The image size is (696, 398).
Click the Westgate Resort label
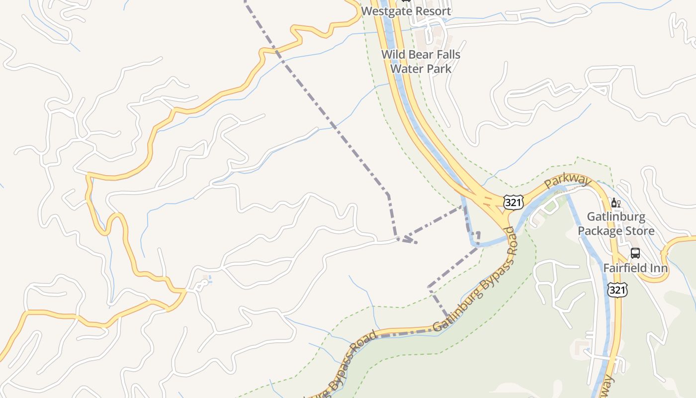pyautogui.click(x=406, y=11)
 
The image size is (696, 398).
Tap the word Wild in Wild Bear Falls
pyautogui.click(x=393, y=55)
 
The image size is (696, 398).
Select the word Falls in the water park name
pyautogui.click(x=447, y=55)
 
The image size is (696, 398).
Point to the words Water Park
pyautogui.click(x=421, y=68)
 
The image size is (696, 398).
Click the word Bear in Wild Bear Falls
pyautogui.click(x=421, y=55)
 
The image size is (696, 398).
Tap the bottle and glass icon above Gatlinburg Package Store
pyautogui.click(x=615, y=203)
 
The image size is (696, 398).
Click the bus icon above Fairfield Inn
pyautogui.click(x=635, y=253)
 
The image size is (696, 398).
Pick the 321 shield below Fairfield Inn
pyautogui.click(x=617, y=290)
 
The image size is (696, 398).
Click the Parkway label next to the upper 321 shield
pyautogui.click(x=567, y=181)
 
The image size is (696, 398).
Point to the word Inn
pyautogui.click(x=659, y=268)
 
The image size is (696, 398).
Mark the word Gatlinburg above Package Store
pyautogui.click(x=616, y=217)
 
